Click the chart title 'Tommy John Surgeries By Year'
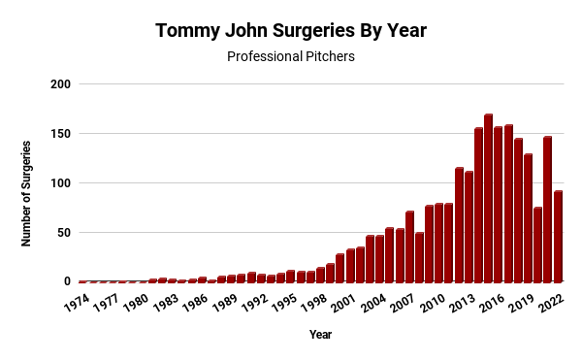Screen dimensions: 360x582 pyautogui.click(x=291, y=30)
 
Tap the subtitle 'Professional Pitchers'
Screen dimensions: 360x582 pyautogui.click(x=291, y=56)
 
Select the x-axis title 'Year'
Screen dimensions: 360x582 pyautogui.click(x=320, y=335)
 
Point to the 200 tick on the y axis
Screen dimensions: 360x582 pyautogui.click(x=60, y=84)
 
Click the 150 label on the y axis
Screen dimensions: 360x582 pyautogui.click(x=60, y=134)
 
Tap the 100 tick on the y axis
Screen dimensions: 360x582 pyautogui.click(x=60, y=183)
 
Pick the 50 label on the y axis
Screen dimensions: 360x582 pyautogui.click(x=63, y=233)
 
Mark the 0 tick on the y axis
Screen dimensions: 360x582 pyautogui.click(x=67, y=282)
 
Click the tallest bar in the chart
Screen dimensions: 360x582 pyautogui.click(x=488, y=199)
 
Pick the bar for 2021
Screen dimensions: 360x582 pyautogui.click(x=548, y=210)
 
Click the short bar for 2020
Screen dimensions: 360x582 pyautogui.click(x=537, y=245)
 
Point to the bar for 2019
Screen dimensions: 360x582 pyautogui.click(x=528, y=218)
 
